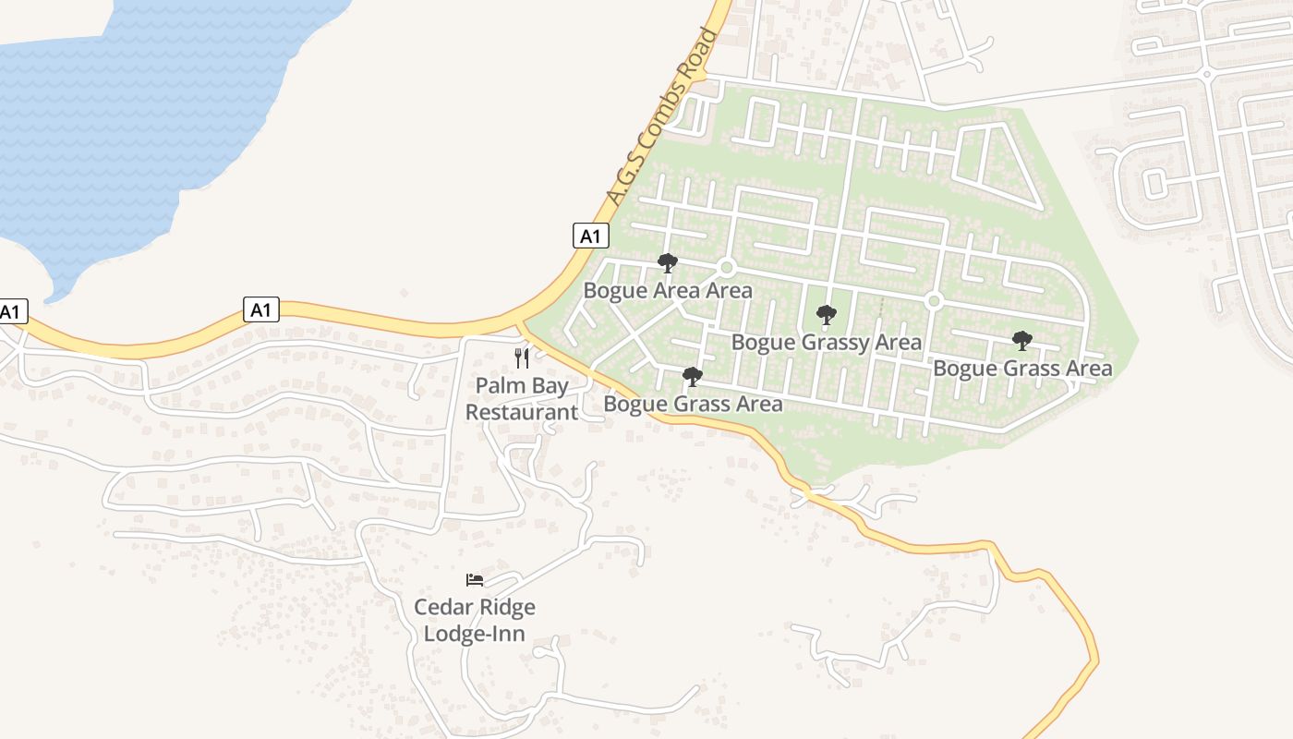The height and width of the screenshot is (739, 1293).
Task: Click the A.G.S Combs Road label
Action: click(x=662, y=117)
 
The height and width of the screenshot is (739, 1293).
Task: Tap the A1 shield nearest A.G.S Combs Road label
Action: click(x=590, y=236)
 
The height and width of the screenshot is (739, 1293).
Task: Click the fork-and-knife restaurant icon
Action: click(x=522, y=358)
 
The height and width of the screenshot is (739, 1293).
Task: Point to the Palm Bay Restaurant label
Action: click(x=522, y=398)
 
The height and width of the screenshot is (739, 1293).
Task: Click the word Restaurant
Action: click(x=522, y=412)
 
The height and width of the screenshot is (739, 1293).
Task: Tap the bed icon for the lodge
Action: click(x=475, y=580)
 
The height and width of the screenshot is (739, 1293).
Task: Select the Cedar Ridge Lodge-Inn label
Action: click(x=475, y=620)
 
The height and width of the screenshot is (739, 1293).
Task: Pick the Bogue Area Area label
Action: click(x=668, y=291)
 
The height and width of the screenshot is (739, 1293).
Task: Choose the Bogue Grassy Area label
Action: click(x=827, y=343)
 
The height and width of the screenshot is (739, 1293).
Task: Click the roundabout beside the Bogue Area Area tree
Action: click(x=726, y=268)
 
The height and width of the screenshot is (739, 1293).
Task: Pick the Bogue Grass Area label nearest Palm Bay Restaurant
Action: click(x=693, y=404)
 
